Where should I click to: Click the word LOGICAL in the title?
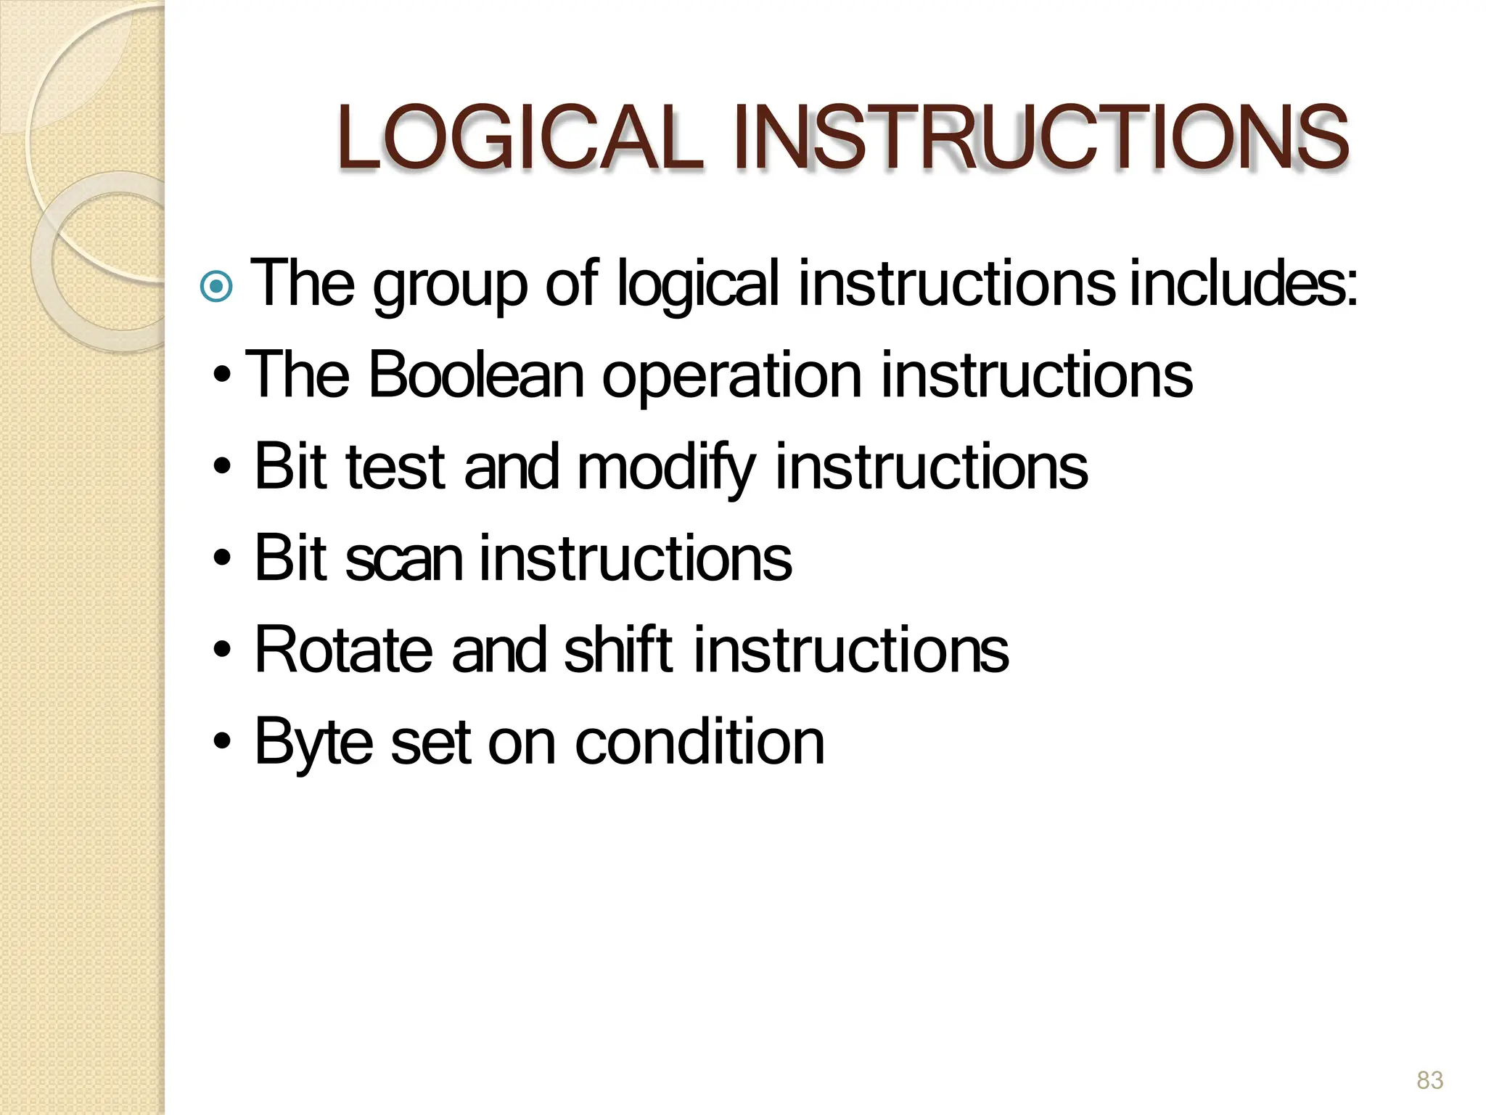pos(519,138)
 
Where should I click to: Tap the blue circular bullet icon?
pos(216,286)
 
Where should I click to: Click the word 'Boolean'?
pos(476,375)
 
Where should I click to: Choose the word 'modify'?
pos(666,468)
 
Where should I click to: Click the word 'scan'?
pos(403,559)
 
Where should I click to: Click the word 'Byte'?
pos(313,743)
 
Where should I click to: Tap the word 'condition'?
pos(699,742)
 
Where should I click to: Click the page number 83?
pos(1429,1080)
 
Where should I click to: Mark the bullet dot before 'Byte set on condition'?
pos(223,742)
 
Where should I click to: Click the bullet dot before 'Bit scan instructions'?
pos(223,558)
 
